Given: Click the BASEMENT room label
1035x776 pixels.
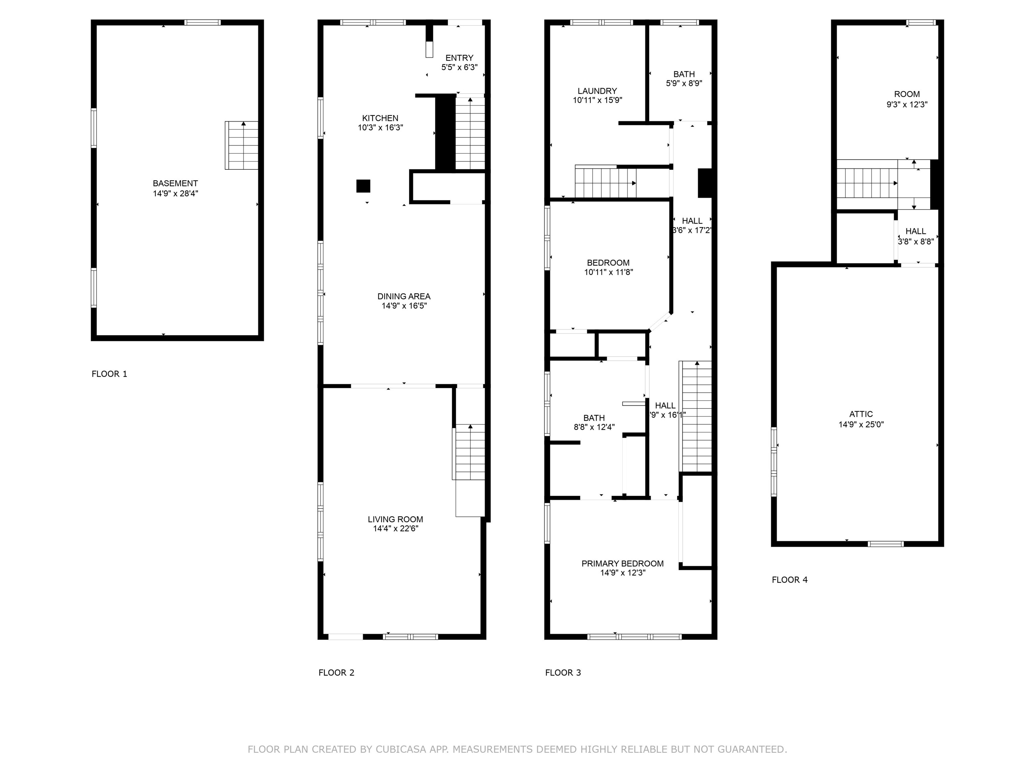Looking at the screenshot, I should [x=176, y=183].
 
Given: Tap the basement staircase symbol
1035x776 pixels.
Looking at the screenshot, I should [x=242, y=145].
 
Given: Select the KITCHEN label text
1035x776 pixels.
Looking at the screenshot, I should [x=380, y=118].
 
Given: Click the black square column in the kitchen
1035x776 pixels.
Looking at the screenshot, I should [x=363, y=186].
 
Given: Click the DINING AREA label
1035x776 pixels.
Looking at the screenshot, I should [x=404, y=296].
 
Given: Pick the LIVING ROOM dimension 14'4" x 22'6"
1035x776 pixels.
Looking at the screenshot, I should [x=396, y=528].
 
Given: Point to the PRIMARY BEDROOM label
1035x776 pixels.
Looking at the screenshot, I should [x=622, y=563].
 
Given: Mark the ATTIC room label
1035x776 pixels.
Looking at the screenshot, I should [x=860, y=414].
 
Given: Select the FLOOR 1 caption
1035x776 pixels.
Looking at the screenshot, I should [x=109, y=374].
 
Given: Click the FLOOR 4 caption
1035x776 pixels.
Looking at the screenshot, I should [x=789, y=580].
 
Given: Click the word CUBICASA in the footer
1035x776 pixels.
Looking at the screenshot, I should [x=401, y=749].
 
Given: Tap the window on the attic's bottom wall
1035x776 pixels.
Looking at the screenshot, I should [x=885, y=544].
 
